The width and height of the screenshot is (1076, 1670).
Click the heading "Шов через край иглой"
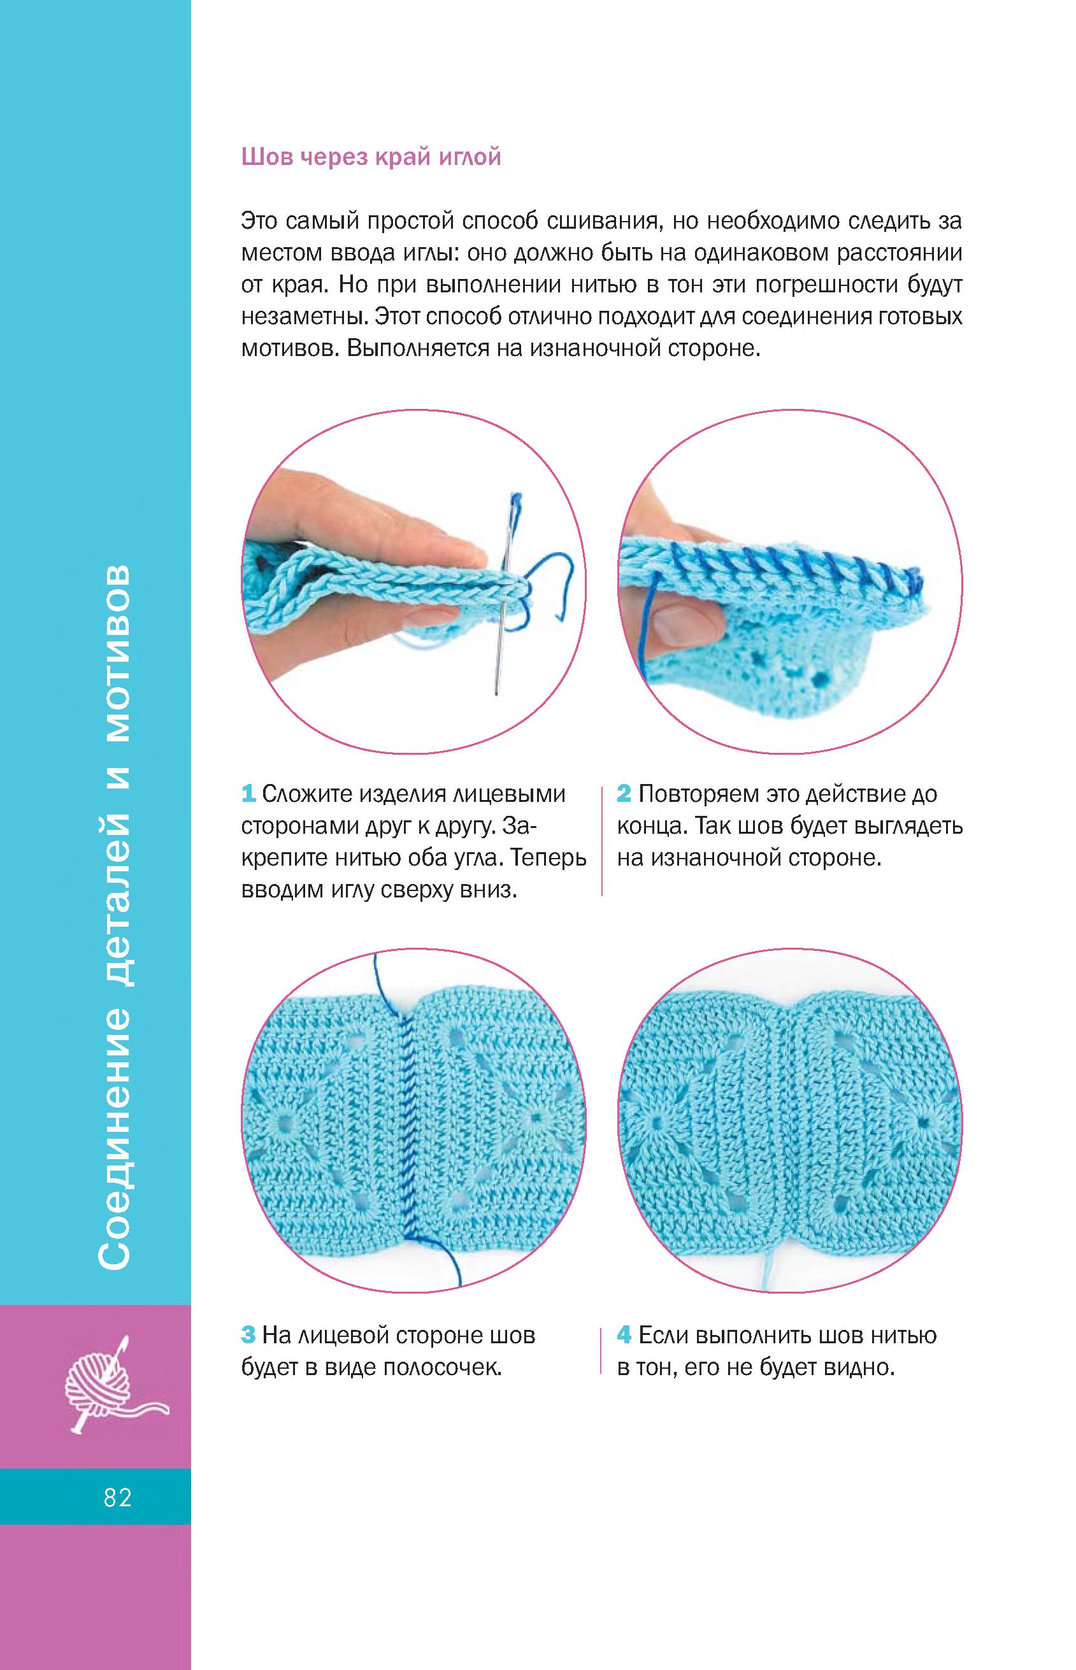371,157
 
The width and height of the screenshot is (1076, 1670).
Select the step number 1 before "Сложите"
248,794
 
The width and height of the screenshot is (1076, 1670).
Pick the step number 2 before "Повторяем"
624,794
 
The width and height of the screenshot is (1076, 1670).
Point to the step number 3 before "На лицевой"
248,1336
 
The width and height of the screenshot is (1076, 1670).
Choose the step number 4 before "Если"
624,1336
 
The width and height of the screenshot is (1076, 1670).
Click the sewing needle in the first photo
505,594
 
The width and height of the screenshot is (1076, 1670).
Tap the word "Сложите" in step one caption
306,794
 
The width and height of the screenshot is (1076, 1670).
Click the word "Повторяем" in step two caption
699,794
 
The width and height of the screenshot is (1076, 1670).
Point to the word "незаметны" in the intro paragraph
304,317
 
